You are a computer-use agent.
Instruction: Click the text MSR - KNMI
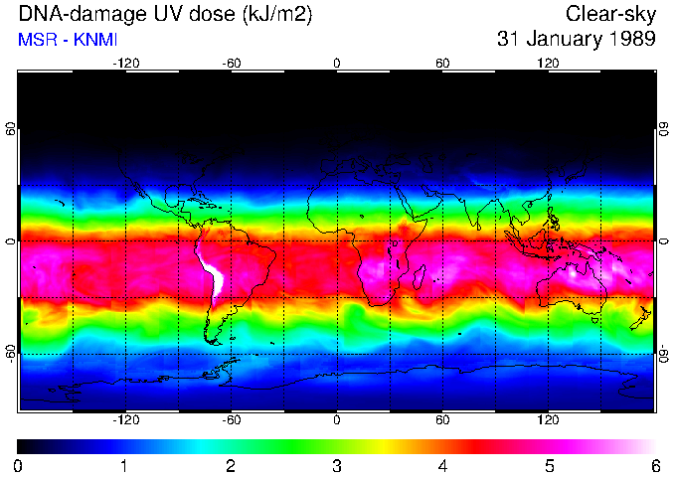click(61, 40)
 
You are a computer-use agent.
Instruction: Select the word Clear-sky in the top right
click(610, 15)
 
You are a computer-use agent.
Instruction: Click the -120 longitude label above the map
click(125, 63)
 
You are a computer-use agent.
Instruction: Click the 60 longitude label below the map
click(442, 419)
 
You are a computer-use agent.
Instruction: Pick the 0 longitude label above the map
click(337, 63)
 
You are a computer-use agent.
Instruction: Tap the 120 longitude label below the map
click(548, 419)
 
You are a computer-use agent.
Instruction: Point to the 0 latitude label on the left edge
click(11, 241)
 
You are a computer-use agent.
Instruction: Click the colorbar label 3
click(337, 465)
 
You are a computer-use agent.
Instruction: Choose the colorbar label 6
click(655, 465)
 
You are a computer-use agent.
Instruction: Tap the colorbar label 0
click(19, 465)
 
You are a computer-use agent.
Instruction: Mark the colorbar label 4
click(443, 465)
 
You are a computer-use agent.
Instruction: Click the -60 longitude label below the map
click(231, 419)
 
